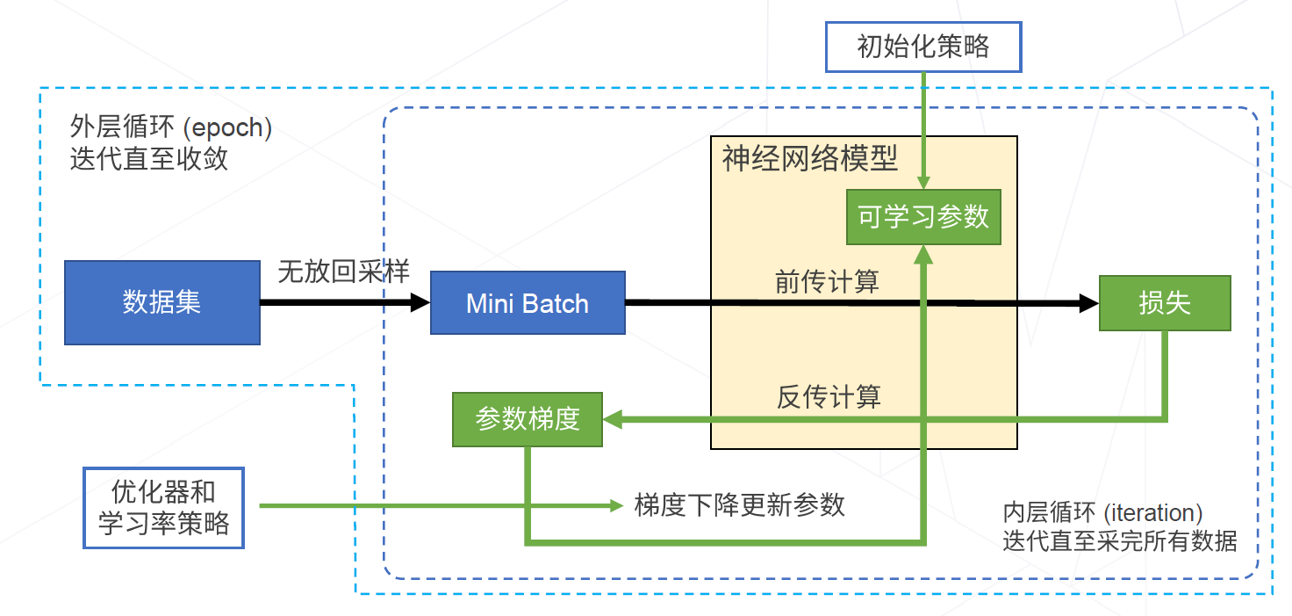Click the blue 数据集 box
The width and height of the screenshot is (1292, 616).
[x=162, y=302]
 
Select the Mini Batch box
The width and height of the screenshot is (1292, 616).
[x=528, y=303]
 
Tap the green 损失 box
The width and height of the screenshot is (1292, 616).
[x=1165, y=303]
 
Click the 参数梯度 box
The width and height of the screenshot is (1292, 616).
[x=528, y=419]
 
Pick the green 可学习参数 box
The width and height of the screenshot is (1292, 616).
[x=923, y=216]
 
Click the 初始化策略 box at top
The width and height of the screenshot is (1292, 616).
[x=923, y=47]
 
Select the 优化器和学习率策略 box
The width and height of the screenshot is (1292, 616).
[x=163, y=508]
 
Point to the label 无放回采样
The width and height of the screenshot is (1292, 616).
[x=343, y=272]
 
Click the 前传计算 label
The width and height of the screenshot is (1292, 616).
[x=827, y=282]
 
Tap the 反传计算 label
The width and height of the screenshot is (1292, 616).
[x=829, y=397]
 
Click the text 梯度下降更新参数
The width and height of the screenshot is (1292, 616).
[x=739, y=505]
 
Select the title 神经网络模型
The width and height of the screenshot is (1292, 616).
[x=809, y=158]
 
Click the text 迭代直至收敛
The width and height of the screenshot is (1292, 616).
[x=149, y=159]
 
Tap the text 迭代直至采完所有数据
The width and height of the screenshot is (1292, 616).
[x=1120, y=541]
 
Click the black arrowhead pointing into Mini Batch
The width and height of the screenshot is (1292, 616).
[x=420, y=303]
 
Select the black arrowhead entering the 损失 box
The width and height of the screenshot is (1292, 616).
[x=1090, y=304]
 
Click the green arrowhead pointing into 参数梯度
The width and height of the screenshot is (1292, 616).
[x=613, y=420]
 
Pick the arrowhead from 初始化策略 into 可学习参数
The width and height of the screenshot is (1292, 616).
[x=923, y=181]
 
